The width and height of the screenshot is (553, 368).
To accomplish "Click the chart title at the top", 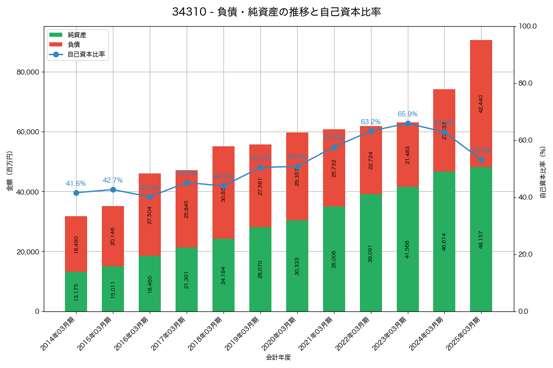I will click(276, 12).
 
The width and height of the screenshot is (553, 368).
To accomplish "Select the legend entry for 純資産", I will click(77, 35).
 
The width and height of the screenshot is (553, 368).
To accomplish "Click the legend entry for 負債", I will click(74, 45).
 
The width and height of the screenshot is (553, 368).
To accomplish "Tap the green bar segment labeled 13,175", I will click(76, 292).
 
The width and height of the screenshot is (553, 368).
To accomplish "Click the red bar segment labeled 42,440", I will click(481, 103).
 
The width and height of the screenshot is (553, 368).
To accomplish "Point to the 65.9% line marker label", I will click(407, 114).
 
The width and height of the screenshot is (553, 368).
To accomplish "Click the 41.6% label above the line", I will click(76, 184).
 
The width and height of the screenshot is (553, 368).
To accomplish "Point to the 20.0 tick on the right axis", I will click(525, 254).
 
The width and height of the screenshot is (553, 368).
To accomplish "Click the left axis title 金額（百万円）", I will click(10, 171).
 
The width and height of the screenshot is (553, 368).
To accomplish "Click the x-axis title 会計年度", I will click(278, 357).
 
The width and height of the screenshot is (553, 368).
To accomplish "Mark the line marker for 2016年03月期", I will click(150, 197).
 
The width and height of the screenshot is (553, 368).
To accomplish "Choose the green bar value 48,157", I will click(481, 240).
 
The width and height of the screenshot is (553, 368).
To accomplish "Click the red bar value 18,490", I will click(76, 244).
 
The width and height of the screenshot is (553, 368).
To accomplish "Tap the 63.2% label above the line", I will click(371, 122).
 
